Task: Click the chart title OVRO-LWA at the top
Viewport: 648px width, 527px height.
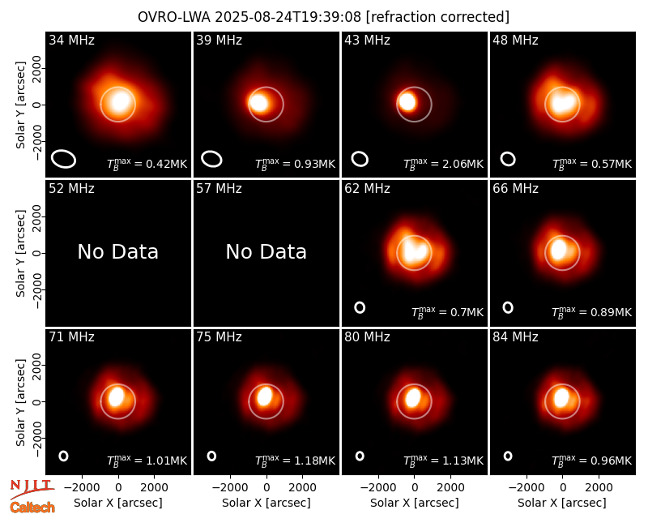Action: point(174,17)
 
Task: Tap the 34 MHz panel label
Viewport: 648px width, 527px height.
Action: point(71,40)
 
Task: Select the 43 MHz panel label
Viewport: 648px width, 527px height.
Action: point(367,40)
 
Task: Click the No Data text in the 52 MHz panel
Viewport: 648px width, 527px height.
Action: point(117,251)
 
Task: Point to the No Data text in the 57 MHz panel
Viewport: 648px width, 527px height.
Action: point(266,251)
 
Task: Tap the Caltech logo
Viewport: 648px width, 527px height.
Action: point(32,508)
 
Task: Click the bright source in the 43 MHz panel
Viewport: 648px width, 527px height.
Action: point(407,102)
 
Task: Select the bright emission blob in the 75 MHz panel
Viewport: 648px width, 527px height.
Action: point(265,396)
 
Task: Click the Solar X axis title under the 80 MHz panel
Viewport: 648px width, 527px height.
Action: point(414,503)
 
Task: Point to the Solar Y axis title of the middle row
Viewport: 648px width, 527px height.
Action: point(20,253)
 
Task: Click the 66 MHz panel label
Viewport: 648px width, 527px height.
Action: point(515,189)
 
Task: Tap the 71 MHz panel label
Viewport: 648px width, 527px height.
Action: point(71,337)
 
